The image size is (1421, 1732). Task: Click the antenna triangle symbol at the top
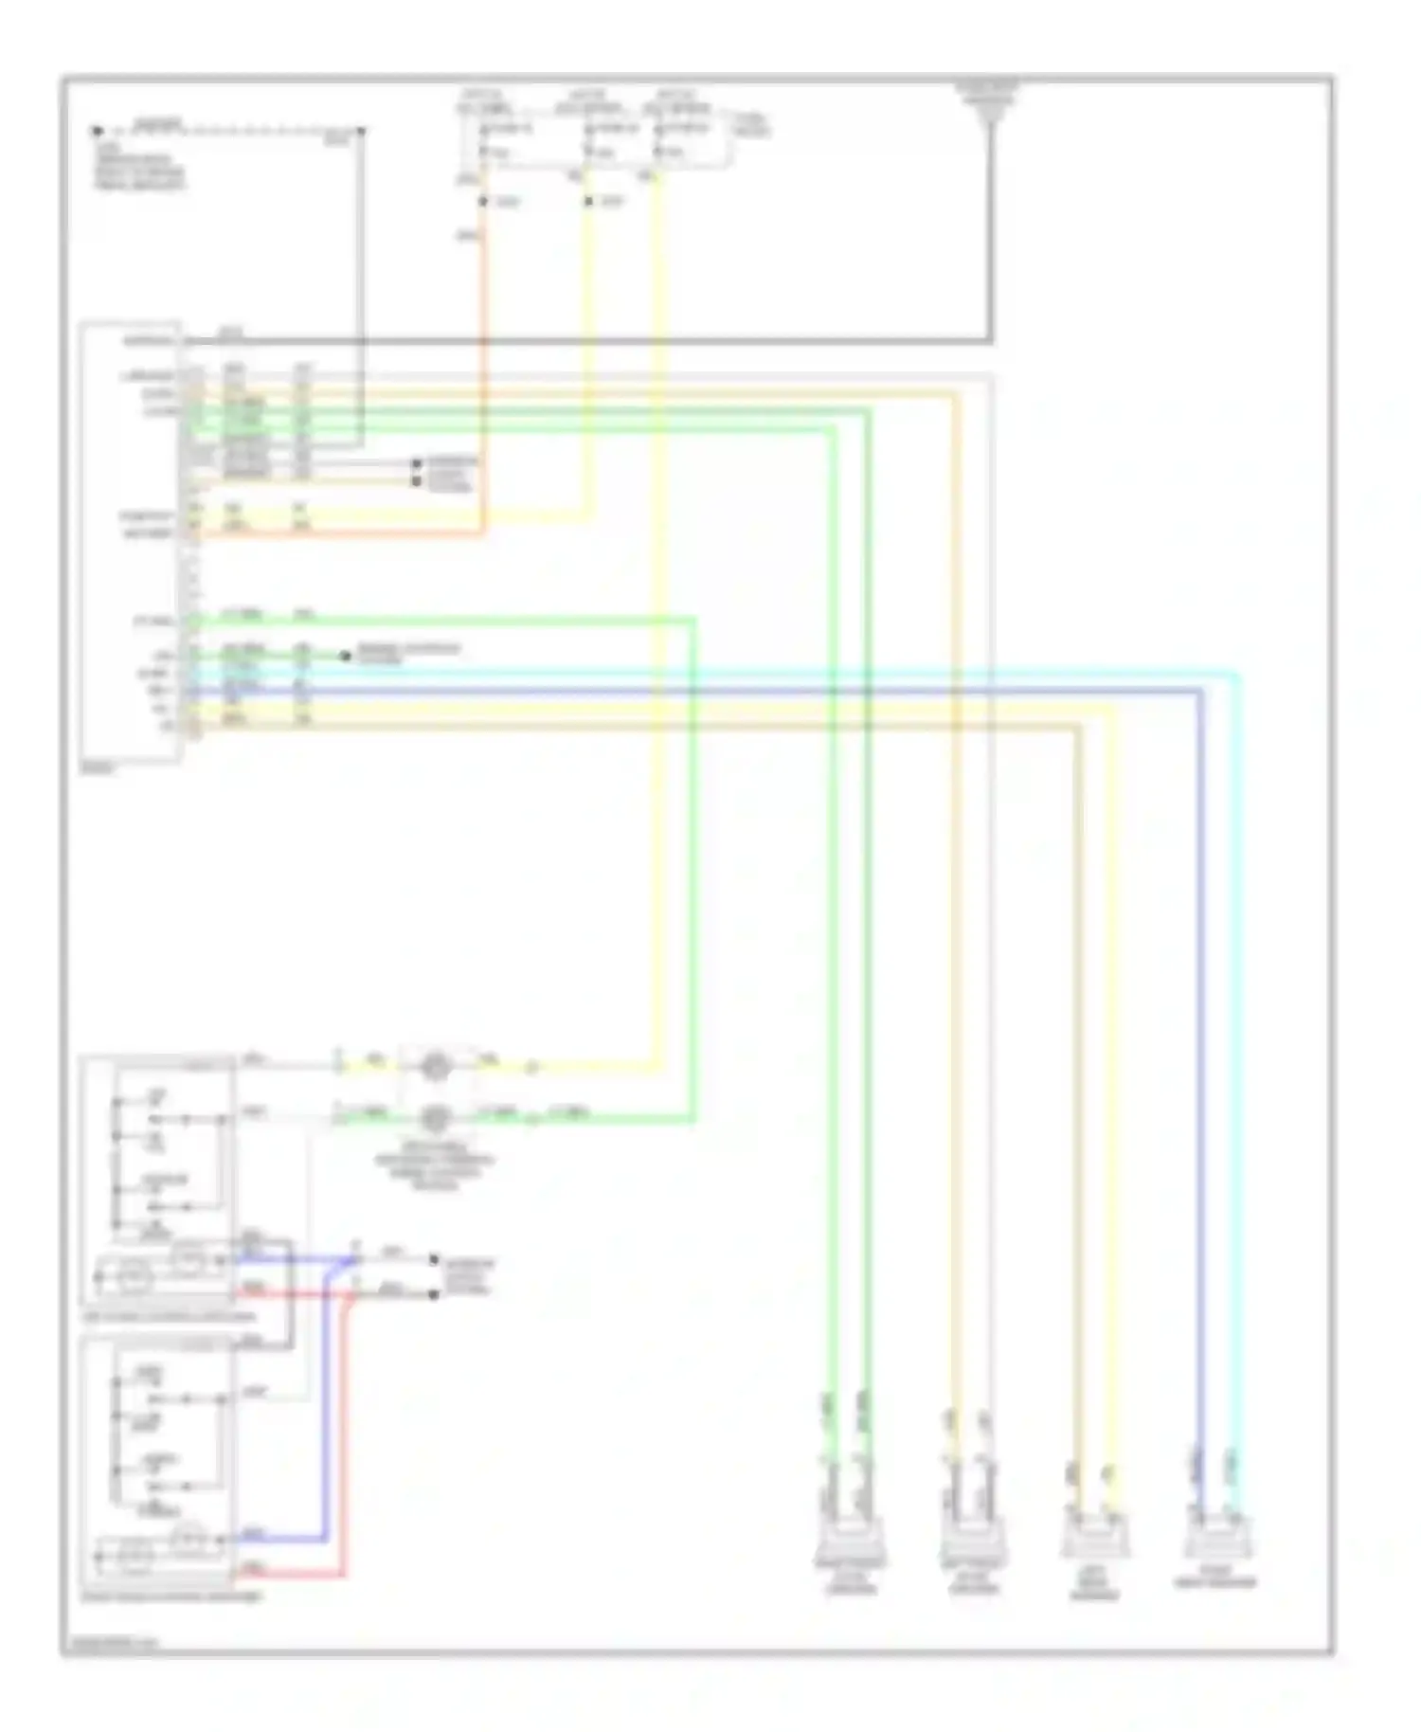(991, 111)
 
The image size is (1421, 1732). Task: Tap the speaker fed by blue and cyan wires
(1217, 1541)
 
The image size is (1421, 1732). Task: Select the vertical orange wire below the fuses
(483, 379)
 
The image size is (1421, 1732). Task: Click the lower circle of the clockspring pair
(435, 1118)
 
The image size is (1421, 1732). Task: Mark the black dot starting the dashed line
(97, 131)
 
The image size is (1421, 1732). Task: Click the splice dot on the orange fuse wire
(483, 202)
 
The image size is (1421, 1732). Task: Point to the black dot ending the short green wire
(346, 656)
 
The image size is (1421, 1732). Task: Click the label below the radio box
(98, 770)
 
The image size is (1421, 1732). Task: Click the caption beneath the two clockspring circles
(434, 1165)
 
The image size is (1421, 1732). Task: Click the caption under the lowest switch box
(172, 1597)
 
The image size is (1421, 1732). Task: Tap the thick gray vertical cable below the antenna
(991, 237)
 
